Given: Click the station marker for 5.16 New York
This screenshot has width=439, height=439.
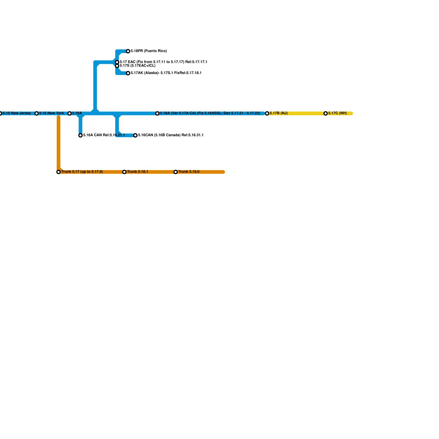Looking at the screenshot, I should pyautogui.click(x=36, y=113).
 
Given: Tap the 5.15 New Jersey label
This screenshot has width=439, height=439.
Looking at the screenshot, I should pyautogui.click(x=17, y=113).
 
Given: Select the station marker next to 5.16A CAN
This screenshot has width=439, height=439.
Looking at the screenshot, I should pyautogui.click(x=80, y=135).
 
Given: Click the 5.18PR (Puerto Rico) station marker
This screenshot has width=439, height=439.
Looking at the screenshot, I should pyautogui.click(x=128, y=51).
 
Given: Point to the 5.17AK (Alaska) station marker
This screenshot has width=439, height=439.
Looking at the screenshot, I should pyautogui.click(x=128, y=73).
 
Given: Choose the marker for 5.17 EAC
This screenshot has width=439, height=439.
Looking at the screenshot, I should pyautogui.click(x=117, y=62).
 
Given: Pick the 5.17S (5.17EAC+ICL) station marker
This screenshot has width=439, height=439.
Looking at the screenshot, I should pyautogui.click(x=117, y=66).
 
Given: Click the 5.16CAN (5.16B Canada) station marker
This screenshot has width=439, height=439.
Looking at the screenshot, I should pyautogui.click(x=135, y=135).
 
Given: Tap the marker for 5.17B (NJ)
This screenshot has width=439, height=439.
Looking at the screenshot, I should pyautogui.click(x=267, y=113).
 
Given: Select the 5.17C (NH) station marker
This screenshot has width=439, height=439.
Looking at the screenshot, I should pyautogui.click(x=326, y=113).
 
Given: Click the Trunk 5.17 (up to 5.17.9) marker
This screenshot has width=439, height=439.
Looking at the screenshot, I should pyautogui.click(x=58, y=172).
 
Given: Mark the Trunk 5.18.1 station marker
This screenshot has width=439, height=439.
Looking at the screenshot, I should pyautogui.click(x=124, y=172).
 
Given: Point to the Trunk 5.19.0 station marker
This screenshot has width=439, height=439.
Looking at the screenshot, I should pyautogui.click(x=176, y=172).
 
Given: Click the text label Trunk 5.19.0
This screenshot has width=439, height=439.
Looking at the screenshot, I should pyautogui.click(x=189, y=172).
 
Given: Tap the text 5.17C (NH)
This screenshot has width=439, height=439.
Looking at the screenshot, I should pyautogui.click(x=337, y=113).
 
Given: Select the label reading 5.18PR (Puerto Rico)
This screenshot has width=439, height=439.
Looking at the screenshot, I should pyautogui.click(x=149, y=51).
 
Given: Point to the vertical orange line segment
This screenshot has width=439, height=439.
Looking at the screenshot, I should pyautogui.click(x=58, y=143).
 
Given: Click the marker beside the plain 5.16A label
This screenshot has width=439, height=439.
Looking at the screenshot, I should pyautogui.click(x=69, y=113).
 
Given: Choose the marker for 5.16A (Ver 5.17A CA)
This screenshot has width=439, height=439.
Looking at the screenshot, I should pyautogui.click(x=157, y=113).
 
